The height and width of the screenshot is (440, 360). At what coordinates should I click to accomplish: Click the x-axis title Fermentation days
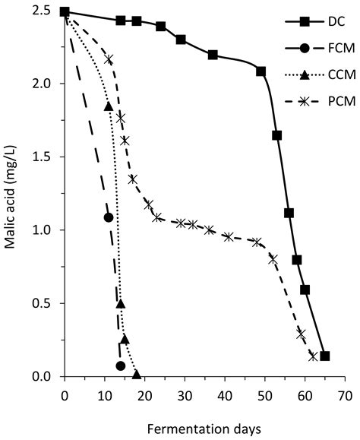coord(204,429)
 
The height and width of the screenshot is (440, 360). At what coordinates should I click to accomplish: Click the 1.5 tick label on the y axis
coord(45,157)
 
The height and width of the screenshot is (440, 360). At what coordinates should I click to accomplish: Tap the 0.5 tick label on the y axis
coord(45,303)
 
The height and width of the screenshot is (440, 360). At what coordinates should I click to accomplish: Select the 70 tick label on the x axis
coord(345,395)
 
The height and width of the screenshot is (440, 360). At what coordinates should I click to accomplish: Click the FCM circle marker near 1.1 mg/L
coord(109,217)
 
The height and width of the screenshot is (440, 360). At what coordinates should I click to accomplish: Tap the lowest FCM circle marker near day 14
coord(120,366)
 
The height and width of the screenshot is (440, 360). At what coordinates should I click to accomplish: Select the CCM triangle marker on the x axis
coord(137,374)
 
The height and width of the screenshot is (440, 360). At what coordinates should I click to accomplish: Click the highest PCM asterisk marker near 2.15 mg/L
coord(109,59)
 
